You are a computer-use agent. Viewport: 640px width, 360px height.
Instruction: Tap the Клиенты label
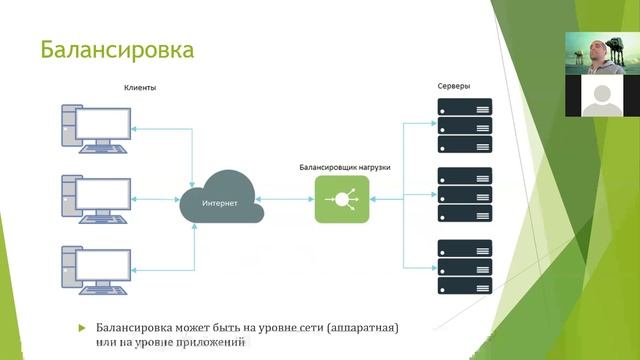pos(140,88)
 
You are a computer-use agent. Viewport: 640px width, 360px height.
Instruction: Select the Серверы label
pos(454,86)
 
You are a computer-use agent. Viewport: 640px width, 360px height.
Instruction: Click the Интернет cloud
pos(221,201)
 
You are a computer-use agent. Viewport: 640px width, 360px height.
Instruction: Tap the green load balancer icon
pos(341,199)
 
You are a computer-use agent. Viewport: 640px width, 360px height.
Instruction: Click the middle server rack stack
pos(464,190)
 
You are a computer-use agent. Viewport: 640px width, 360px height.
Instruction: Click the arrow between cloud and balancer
pos(289,199)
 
